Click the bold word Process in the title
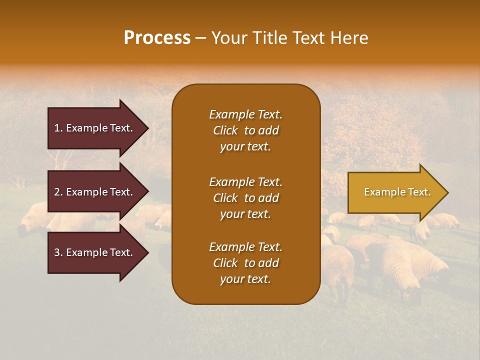point(157,38)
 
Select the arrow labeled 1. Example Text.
point(95,128)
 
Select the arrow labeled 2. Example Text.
point(95,192)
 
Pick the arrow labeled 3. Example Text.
point(95,252)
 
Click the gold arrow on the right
point(395,192)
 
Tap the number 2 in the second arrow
point(57,192)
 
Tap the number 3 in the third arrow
point(57,252)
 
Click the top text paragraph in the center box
point(245,130)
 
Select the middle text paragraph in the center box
point(245,198)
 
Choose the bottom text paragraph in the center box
point(245,263)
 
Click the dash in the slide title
point(201,38)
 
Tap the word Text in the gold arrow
point(419,192)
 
